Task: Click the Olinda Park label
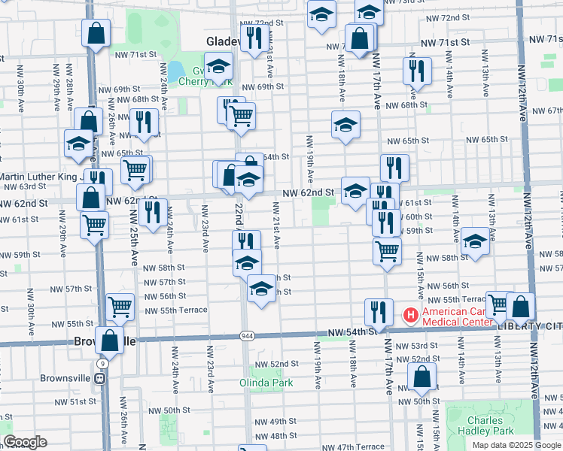click(x=271, y=383)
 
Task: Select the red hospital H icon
click(x=411, y=314)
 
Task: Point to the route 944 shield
click(x=246, y=334)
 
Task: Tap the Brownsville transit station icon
click(x=99, y=378)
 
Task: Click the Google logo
click(x=25, y=442)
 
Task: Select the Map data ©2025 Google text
click(x=517, y=445)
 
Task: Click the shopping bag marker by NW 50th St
click(x=422, y=377)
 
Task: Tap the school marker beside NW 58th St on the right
click(x=475, y=241)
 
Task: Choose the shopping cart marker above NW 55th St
click(x=120, y=307)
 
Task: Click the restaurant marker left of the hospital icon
click(x=379, y=312)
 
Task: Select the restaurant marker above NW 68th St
click(x=416, y=71)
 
